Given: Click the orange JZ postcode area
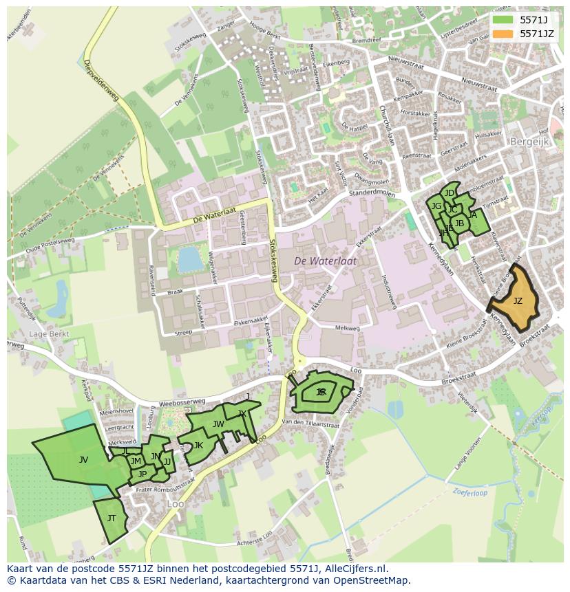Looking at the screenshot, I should point(518,300).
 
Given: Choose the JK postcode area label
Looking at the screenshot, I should point(198,445).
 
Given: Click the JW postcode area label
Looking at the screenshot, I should point(218,424).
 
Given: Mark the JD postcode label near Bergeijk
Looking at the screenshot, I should point(450,193).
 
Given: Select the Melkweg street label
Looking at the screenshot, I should point(347,329).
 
